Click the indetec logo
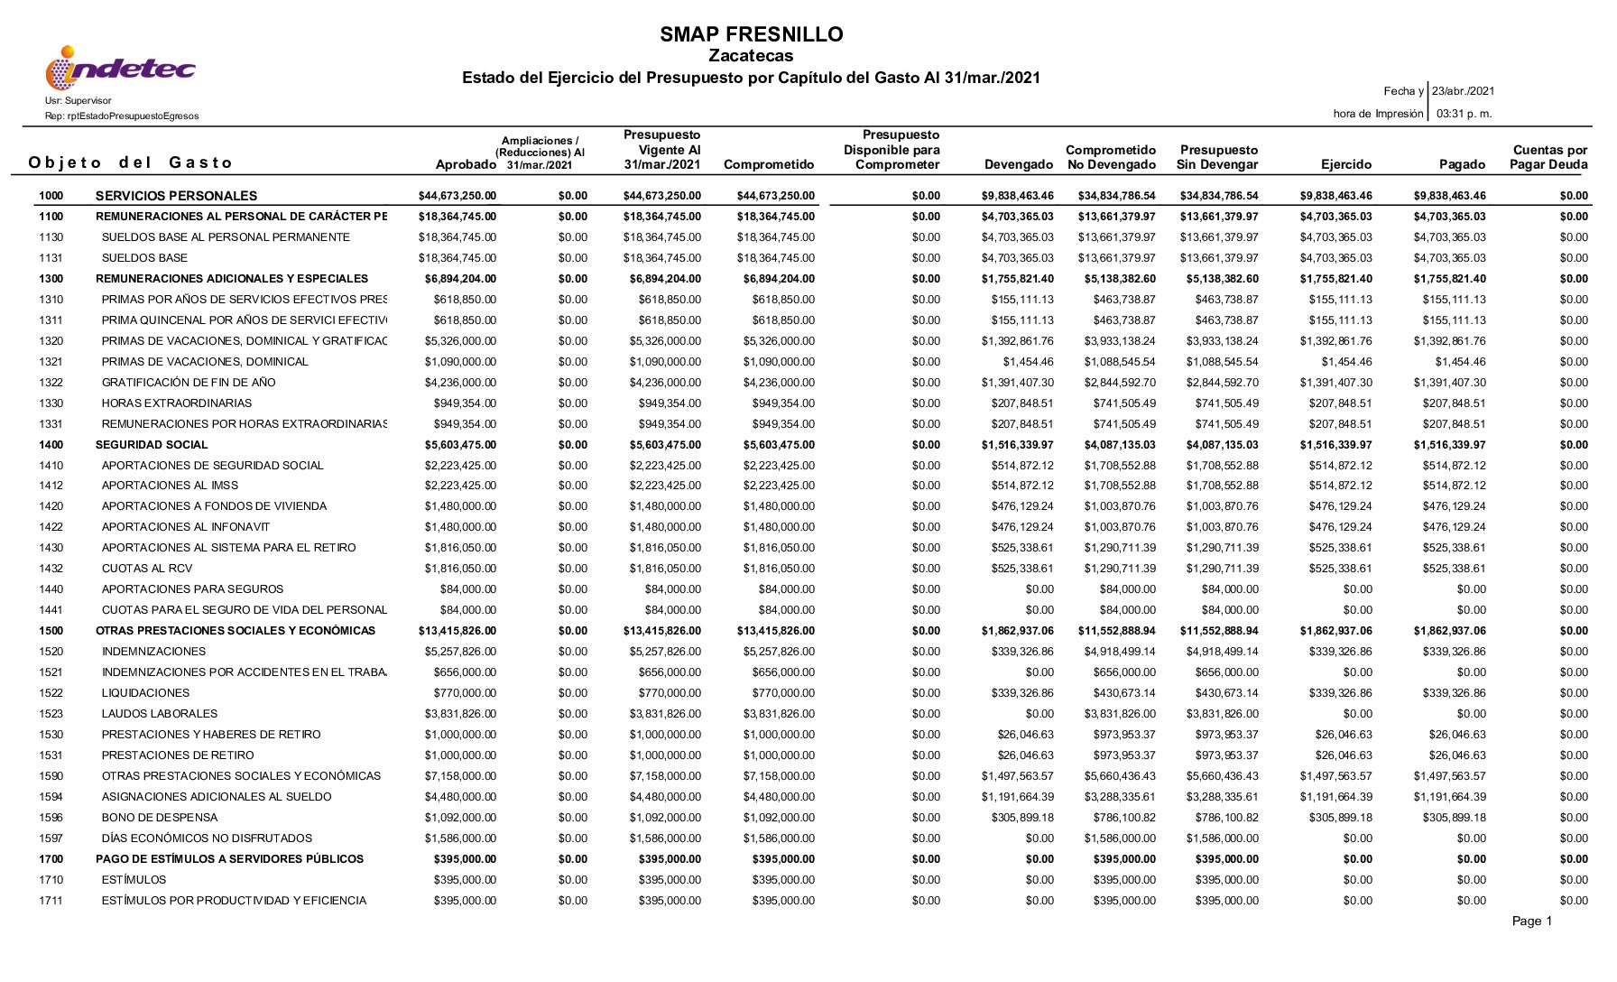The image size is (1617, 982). [120, 69]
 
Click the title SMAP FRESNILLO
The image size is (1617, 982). [751, 35]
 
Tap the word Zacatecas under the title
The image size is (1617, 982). [751, 57]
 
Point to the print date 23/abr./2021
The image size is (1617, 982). [1463, 91]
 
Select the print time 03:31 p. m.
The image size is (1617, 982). [1464, 114]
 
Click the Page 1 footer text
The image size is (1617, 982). [1532, 922]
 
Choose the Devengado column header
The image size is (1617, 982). [1019, 165]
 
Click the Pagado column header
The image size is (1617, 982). [1462, 165]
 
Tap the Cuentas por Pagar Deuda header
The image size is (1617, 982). [1549, 158]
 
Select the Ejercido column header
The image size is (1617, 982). [1345, 165]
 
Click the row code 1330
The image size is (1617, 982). [51, 403]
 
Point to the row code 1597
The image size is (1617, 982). [51, 838]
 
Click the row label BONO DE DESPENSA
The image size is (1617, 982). [160, 818]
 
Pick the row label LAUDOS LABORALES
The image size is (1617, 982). [160, 714]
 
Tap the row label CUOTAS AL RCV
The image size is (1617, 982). [146, 569]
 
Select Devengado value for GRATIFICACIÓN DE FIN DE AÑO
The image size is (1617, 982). [1017, 383]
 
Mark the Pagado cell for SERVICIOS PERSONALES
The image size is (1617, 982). [1449, 196]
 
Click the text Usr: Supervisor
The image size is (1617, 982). [79, 101]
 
